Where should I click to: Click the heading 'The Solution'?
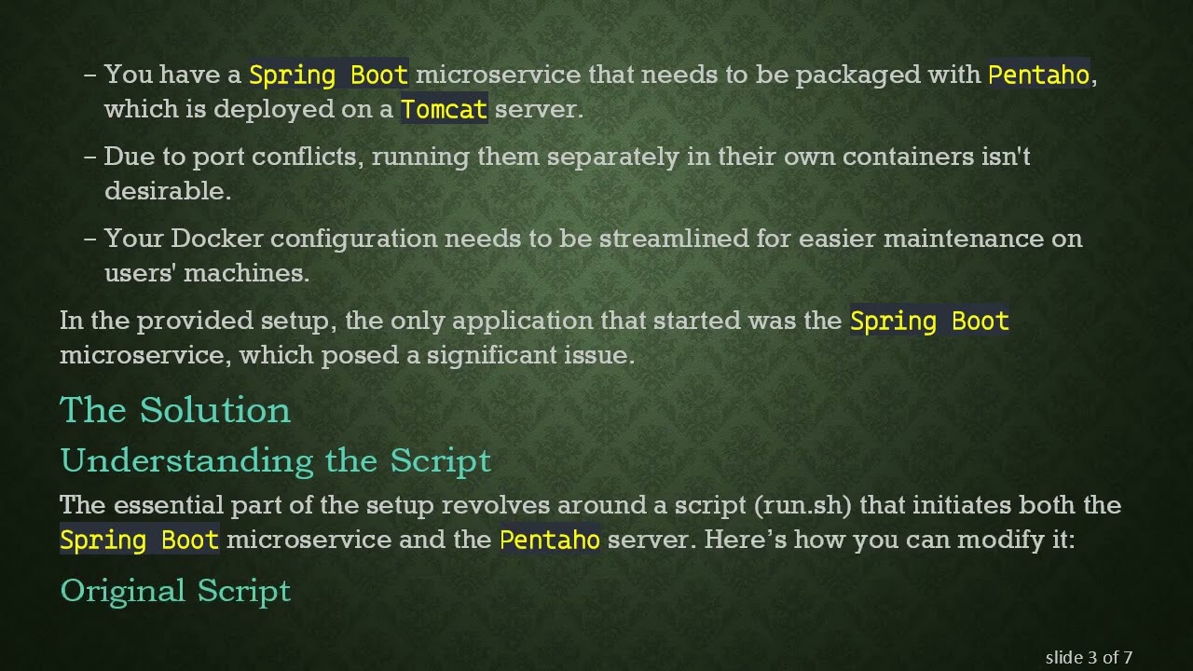coord(175,410)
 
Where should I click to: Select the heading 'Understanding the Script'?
coord(275,460)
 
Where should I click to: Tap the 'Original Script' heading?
coord(175,591)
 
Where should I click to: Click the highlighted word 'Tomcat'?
coord(444,109)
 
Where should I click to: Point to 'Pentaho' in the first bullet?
coord(1038,75)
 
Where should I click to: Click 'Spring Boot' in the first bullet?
coord(328,75)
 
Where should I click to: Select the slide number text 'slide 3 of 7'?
coord(1089,657)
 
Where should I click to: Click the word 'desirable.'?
coord(168,191)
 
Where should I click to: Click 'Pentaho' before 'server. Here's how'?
coord(549,540)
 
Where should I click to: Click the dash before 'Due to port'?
coord(90,157)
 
